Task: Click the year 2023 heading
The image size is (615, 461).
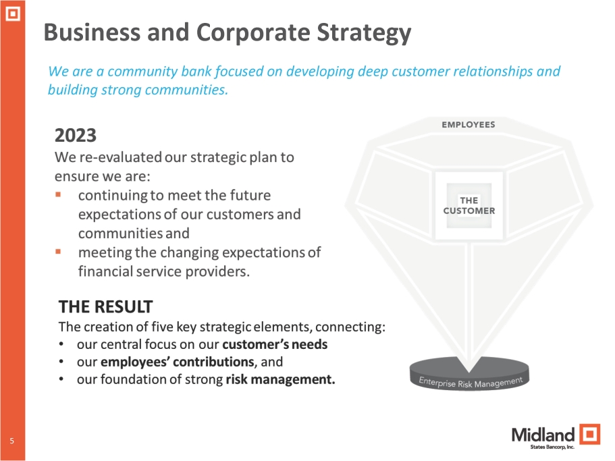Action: pos(76,136)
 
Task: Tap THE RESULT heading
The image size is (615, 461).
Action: pos(105,307)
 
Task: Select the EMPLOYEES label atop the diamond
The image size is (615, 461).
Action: pos(468,124)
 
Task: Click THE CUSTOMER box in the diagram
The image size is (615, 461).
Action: pos(469,206)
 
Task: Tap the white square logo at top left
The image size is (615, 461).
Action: pos(13,13)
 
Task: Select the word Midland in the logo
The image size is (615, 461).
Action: pos(543,434)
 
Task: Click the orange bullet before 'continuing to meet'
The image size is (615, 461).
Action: pos(59,195)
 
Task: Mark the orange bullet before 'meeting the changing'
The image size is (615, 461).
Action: pos(59,252)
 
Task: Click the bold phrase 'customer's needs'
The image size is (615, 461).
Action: pos(275,344)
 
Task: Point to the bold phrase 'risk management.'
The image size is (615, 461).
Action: pos(280,379)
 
